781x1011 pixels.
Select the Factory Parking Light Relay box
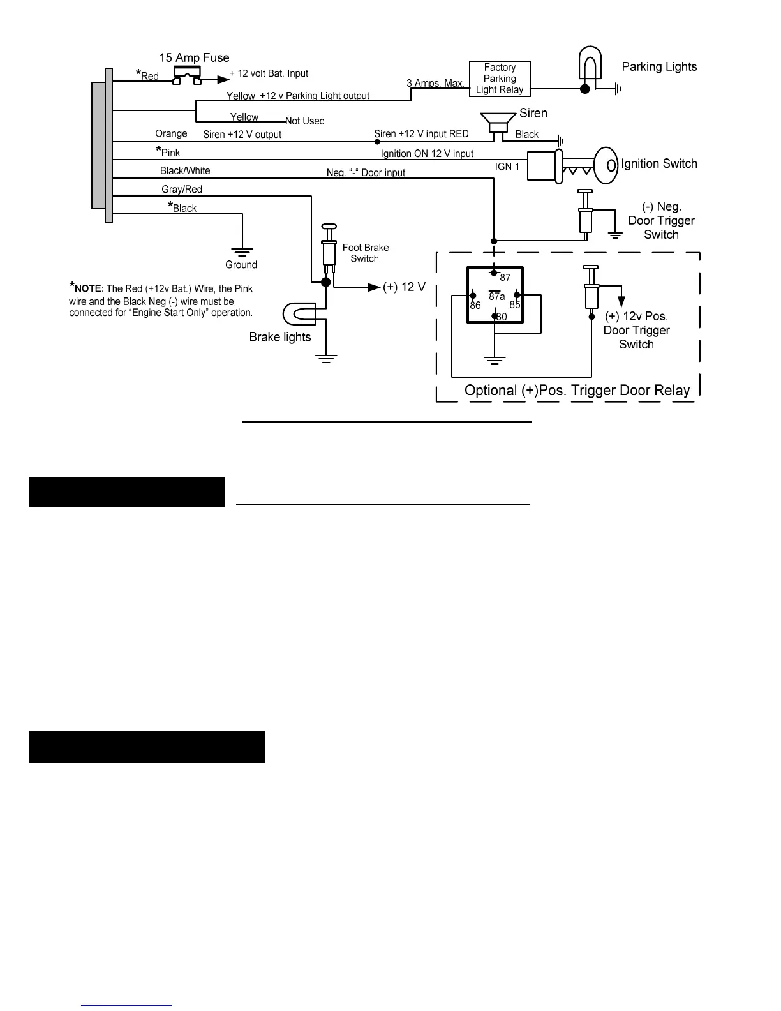click(x=500, y=79)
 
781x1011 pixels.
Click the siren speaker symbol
click(x=498, y=121)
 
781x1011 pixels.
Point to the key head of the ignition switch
click(x=607, y=165)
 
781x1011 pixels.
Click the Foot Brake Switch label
click(x=365, y=253)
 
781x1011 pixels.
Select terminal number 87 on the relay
click(x=505, y=278)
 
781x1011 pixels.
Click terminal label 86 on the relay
click(x=475, y=306)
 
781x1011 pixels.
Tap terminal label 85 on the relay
click(x=515, y=305)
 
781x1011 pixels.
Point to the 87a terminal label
click(x=497, y=296)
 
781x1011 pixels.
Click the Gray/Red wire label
click(x=182, y=190)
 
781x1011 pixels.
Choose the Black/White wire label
click(x=185, y=171)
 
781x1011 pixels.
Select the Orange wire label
click(x=171, y=134)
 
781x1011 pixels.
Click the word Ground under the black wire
click(x=241, y=265)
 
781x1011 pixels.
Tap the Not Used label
click(x=305, y=121)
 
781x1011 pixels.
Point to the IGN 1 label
click(x=507, y=167)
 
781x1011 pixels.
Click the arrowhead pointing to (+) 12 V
click(x=375, y=287)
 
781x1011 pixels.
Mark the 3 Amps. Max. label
click(x=435, y=84)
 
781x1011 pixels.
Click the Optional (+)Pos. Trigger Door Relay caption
click(x=577, y=391)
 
